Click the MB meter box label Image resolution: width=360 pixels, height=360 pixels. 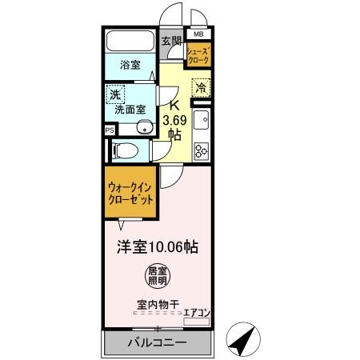point(198,35)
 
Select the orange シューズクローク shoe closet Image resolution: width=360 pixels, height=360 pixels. point(198,56)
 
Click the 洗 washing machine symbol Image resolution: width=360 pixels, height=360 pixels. point(117,94)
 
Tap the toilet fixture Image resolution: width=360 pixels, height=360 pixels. point(128,149)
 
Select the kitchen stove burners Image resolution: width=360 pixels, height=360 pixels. point(201,148)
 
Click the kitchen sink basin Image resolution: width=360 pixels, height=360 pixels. point(202,121)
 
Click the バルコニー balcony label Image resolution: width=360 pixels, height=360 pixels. point(158,342)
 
